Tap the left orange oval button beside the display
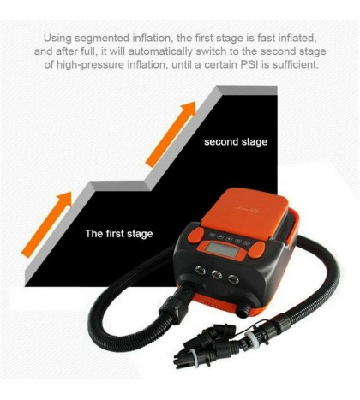point(195,236)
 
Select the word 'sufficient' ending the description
point(296,64)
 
